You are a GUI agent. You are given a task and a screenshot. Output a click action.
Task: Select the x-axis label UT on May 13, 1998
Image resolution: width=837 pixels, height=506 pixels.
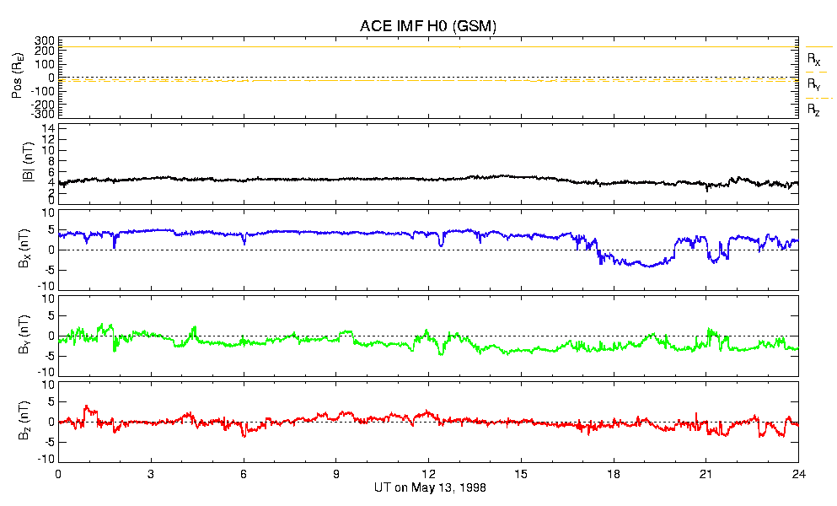click(x=429, y=487)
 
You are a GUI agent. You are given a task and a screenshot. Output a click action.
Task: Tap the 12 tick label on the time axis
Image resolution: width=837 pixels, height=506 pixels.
click(x=428, y=474)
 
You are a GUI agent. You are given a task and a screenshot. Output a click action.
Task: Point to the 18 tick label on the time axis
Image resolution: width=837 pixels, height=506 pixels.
click(x=614, y=474)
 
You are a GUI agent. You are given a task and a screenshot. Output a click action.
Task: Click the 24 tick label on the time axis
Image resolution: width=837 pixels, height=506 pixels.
click(x=798, y=474)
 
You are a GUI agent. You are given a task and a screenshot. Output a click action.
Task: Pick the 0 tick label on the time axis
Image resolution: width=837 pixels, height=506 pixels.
click(x=58, y=474)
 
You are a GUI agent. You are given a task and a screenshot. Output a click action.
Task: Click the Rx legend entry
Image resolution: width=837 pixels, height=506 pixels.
click(x=813, y=60)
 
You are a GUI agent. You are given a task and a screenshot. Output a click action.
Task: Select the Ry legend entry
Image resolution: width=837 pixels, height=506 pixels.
click(x=813, y=84)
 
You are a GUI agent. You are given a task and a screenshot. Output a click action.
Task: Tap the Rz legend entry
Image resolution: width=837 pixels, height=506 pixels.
click(x=813, y=109)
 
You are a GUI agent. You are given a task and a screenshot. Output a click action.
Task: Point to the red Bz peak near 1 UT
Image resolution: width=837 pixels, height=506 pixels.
click(x=85, y=406)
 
